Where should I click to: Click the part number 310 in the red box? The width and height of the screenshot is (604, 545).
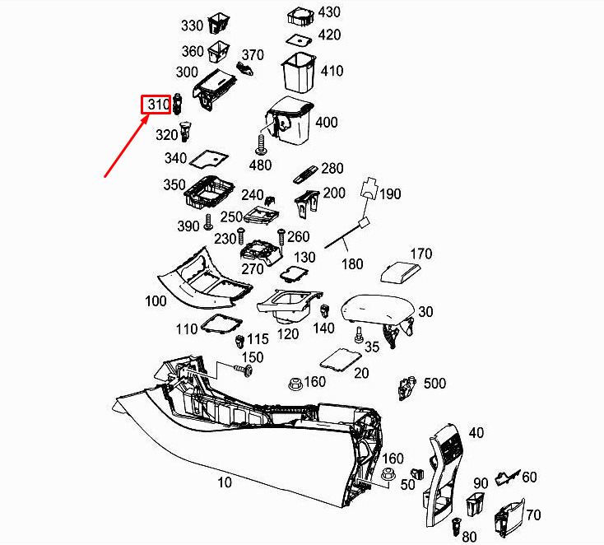[159, 105]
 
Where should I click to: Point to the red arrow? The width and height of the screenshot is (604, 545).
[127, 146]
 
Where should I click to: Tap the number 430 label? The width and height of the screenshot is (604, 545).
[329, 12]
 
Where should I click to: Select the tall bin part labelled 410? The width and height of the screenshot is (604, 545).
[299, 72]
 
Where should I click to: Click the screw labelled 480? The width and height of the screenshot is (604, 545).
[261, 146]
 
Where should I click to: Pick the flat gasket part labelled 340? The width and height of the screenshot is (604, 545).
[209, 158]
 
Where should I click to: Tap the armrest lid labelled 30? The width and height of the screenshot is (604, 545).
[378, 313]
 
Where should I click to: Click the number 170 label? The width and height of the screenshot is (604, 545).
[421, 254]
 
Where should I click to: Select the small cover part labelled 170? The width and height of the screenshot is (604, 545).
[400, 272]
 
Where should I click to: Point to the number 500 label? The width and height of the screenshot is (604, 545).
[434, 384]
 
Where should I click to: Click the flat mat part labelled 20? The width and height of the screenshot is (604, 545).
[341, 361]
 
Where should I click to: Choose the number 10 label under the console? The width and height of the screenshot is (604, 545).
[225, 482]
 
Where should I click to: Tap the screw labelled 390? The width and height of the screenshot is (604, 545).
[208, 222]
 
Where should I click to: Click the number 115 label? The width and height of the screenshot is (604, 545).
[258, 339]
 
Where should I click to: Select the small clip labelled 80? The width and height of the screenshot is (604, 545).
[457, 527]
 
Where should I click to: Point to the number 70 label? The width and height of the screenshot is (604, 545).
[533, 515]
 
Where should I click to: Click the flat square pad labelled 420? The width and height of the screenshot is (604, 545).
[299, 39]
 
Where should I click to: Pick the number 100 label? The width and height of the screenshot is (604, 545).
[156, 301]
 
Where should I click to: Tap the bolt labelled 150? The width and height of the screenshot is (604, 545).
[244, 370]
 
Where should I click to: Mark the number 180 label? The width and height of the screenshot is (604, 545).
[352, 264]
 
